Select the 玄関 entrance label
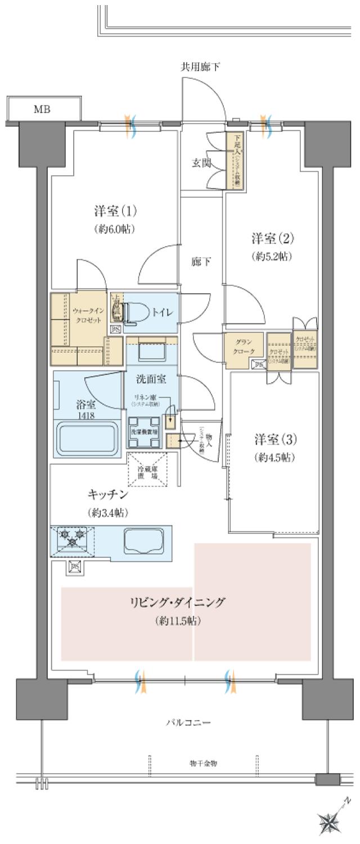coord(201,163)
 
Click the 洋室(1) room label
coord(115,212)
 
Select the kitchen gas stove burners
coord(73,537)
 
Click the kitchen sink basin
coord(143,541)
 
